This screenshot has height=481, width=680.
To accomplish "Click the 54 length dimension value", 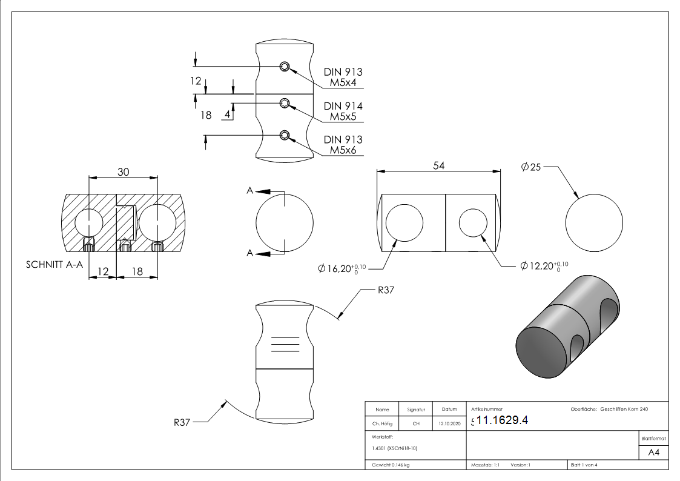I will click(439, 166).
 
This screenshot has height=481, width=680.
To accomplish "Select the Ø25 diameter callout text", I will click(531, 167).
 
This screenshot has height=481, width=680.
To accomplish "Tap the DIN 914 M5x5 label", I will click(343, 111).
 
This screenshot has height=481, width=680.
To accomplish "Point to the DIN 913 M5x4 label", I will click(343, 77).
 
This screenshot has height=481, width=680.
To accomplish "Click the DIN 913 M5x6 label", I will click(343, 145).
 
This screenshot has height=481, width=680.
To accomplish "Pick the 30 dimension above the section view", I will click(124, 172).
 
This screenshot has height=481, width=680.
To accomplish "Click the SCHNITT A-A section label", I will click(54, 265).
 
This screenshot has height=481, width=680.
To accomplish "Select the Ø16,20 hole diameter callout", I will click(342, 268).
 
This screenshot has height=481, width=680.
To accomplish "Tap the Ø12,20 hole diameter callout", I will click(544, 265).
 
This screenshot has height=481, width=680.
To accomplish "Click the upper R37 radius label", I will click(386, 290).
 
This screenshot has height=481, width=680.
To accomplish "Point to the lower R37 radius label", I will click(182, 422).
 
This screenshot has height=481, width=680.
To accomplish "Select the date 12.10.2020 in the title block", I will click(449, 424).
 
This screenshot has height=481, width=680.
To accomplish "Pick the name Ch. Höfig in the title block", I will click(382, 424).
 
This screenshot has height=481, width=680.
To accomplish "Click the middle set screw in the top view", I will click(284, 104).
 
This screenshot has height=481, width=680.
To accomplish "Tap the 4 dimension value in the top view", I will click(228, 113).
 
